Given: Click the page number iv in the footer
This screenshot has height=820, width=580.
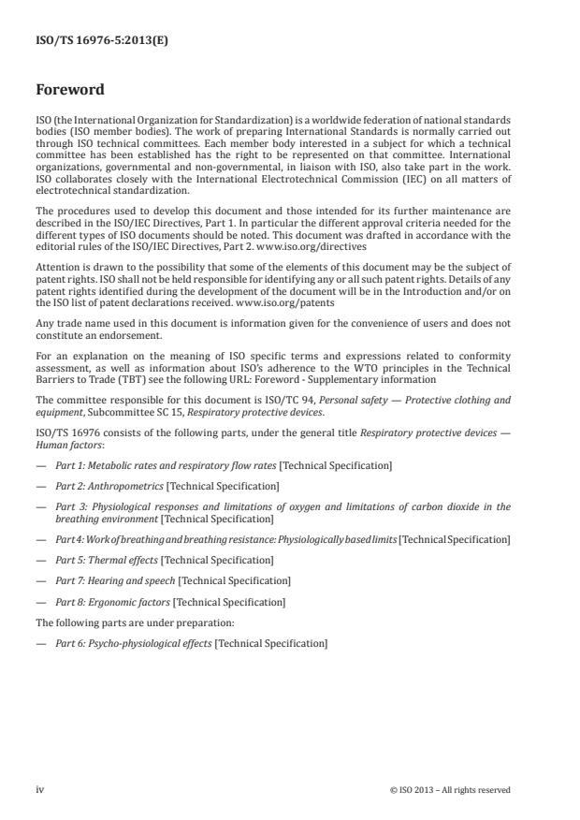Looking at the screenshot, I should [x=40, y=789].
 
